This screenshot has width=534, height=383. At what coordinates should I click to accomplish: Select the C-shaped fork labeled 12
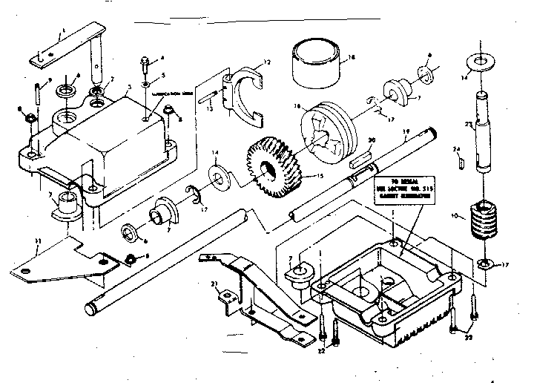245,92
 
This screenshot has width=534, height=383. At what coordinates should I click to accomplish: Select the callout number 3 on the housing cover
129,86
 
